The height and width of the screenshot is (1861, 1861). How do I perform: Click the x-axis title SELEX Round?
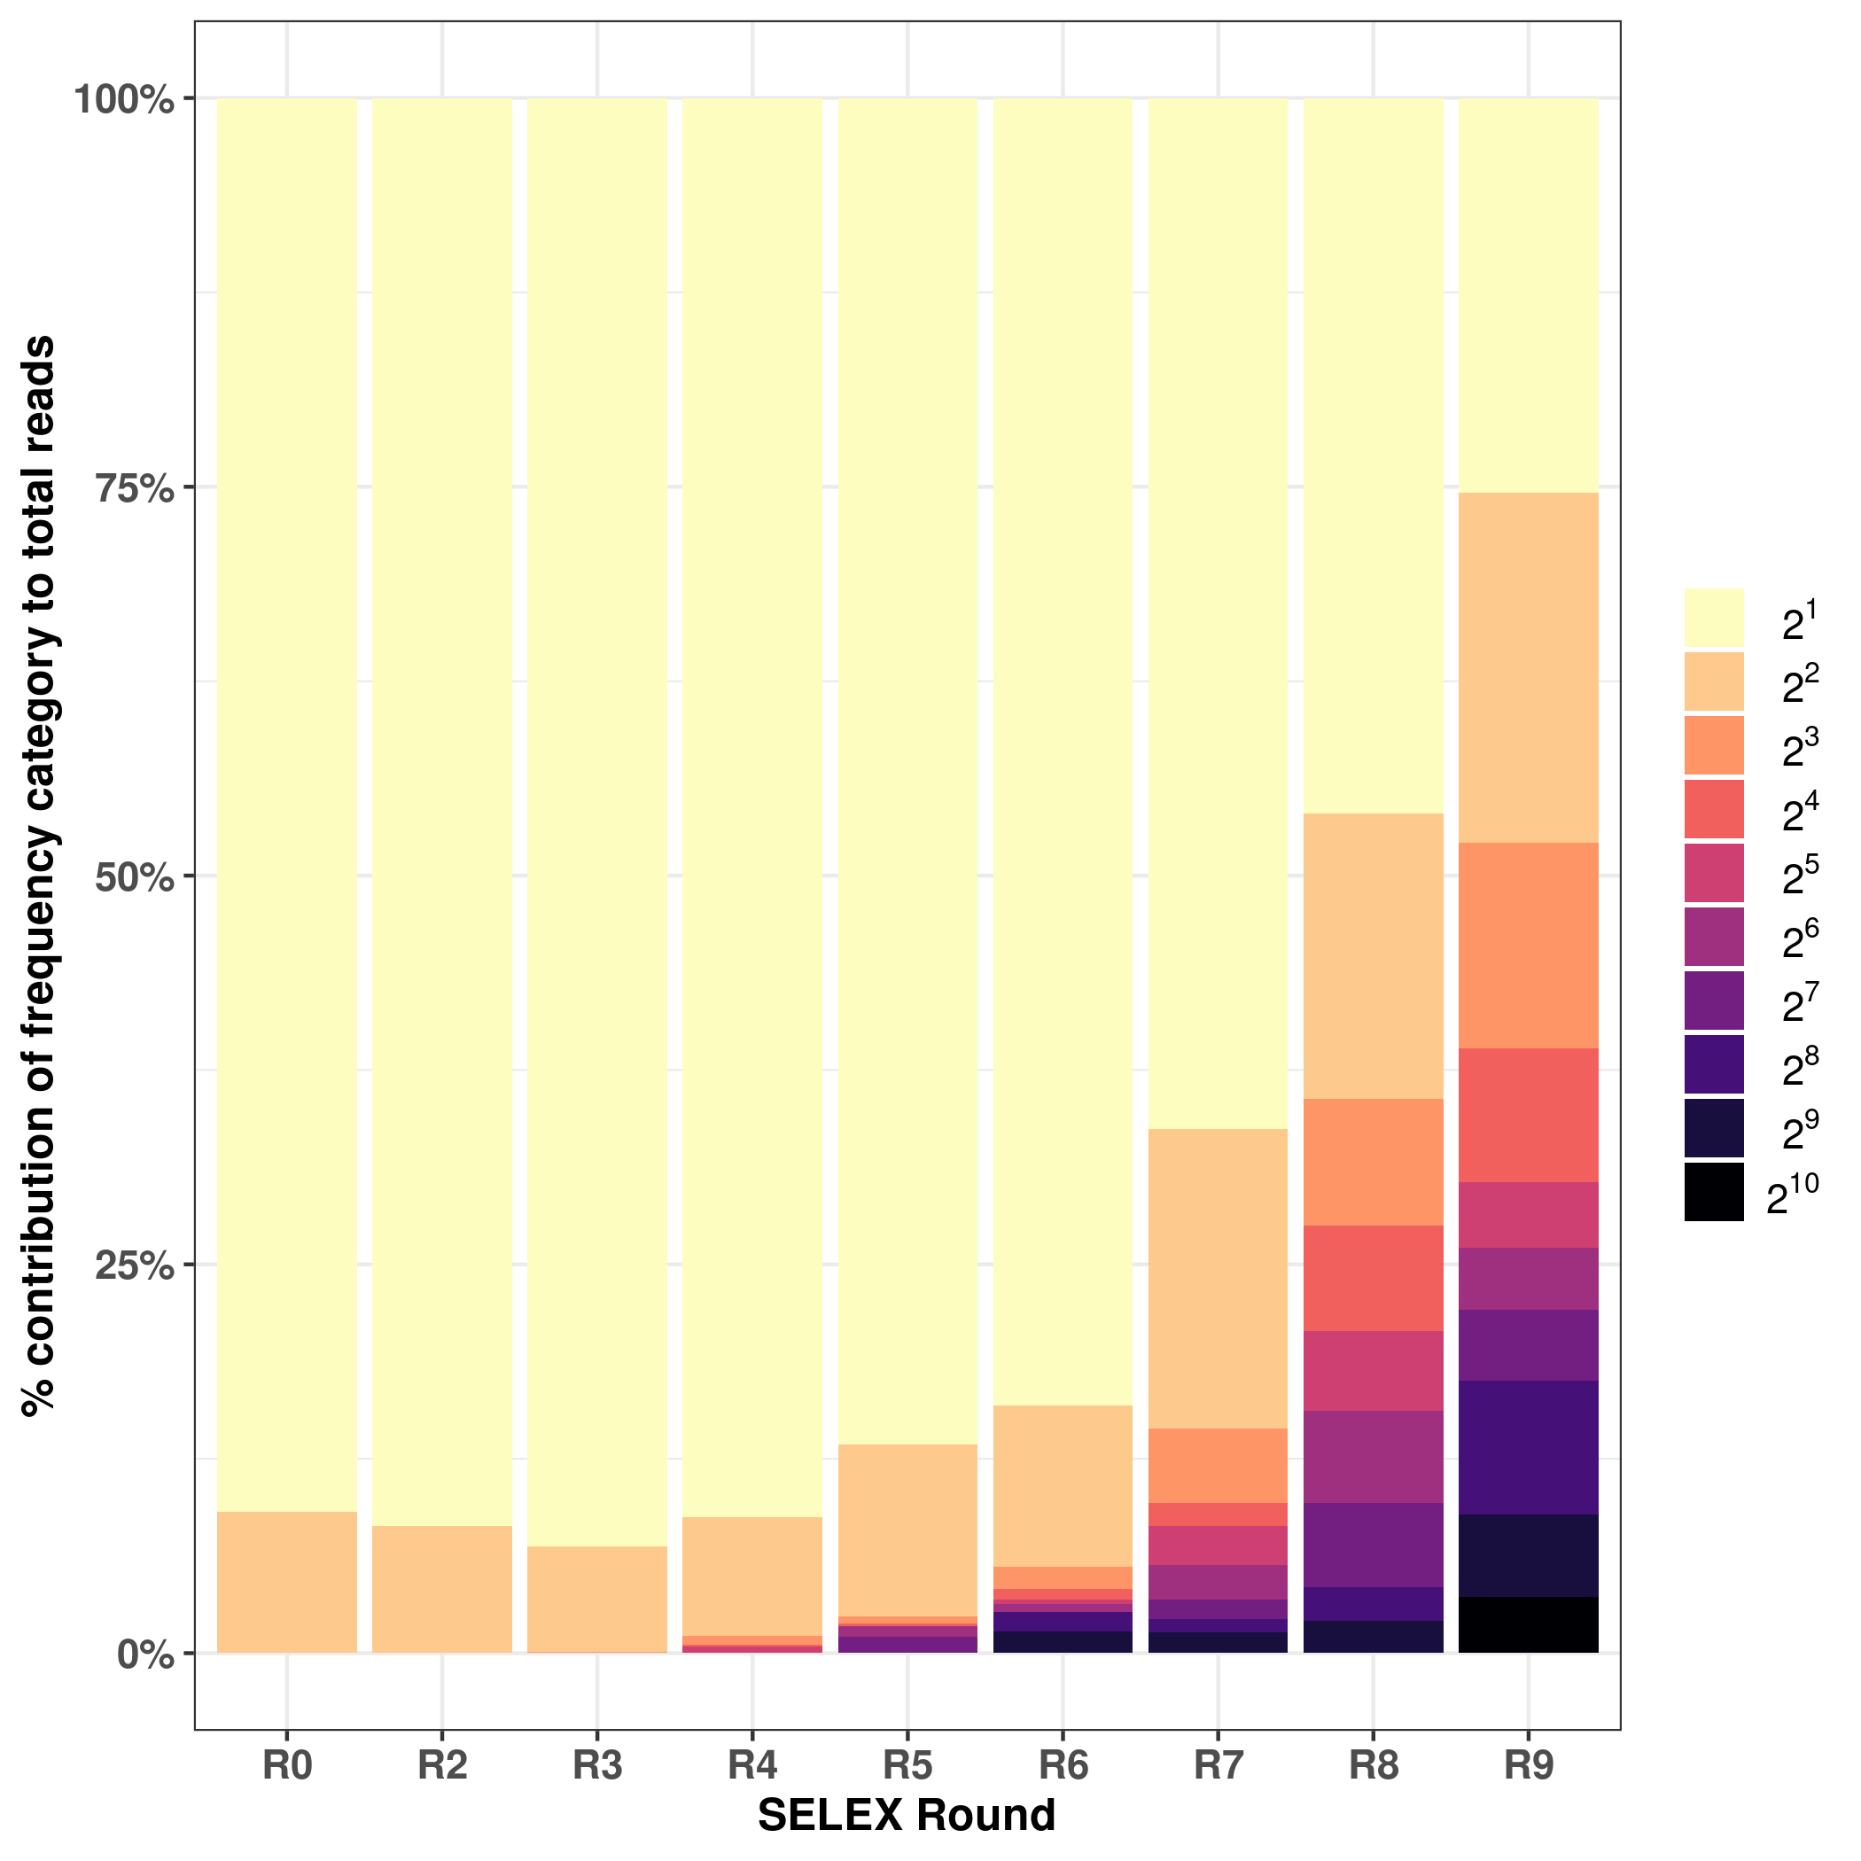907,1815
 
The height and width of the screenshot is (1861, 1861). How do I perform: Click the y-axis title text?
41,876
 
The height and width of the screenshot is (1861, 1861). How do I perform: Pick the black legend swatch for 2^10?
1714,1193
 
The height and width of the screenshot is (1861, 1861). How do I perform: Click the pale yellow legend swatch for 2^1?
1714,618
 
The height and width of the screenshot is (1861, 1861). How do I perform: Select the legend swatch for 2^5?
1714,873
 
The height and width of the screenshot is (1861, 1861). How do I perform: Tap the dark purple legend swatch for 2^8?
1714,1064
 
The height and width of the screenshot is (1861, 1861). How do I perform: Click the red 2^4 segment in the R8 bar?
1373,1278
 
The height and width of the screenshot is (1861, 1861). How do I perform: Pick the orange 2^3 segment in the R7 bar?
1218,1465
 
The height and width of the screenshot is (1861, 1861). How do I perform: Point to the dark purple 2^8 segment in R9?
1529,1447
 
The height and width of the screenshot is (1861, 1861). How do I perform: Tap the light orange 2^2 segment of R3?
597,1599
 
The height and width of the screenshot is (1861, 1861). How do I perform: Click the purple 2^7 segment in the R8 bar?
1373,1544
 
